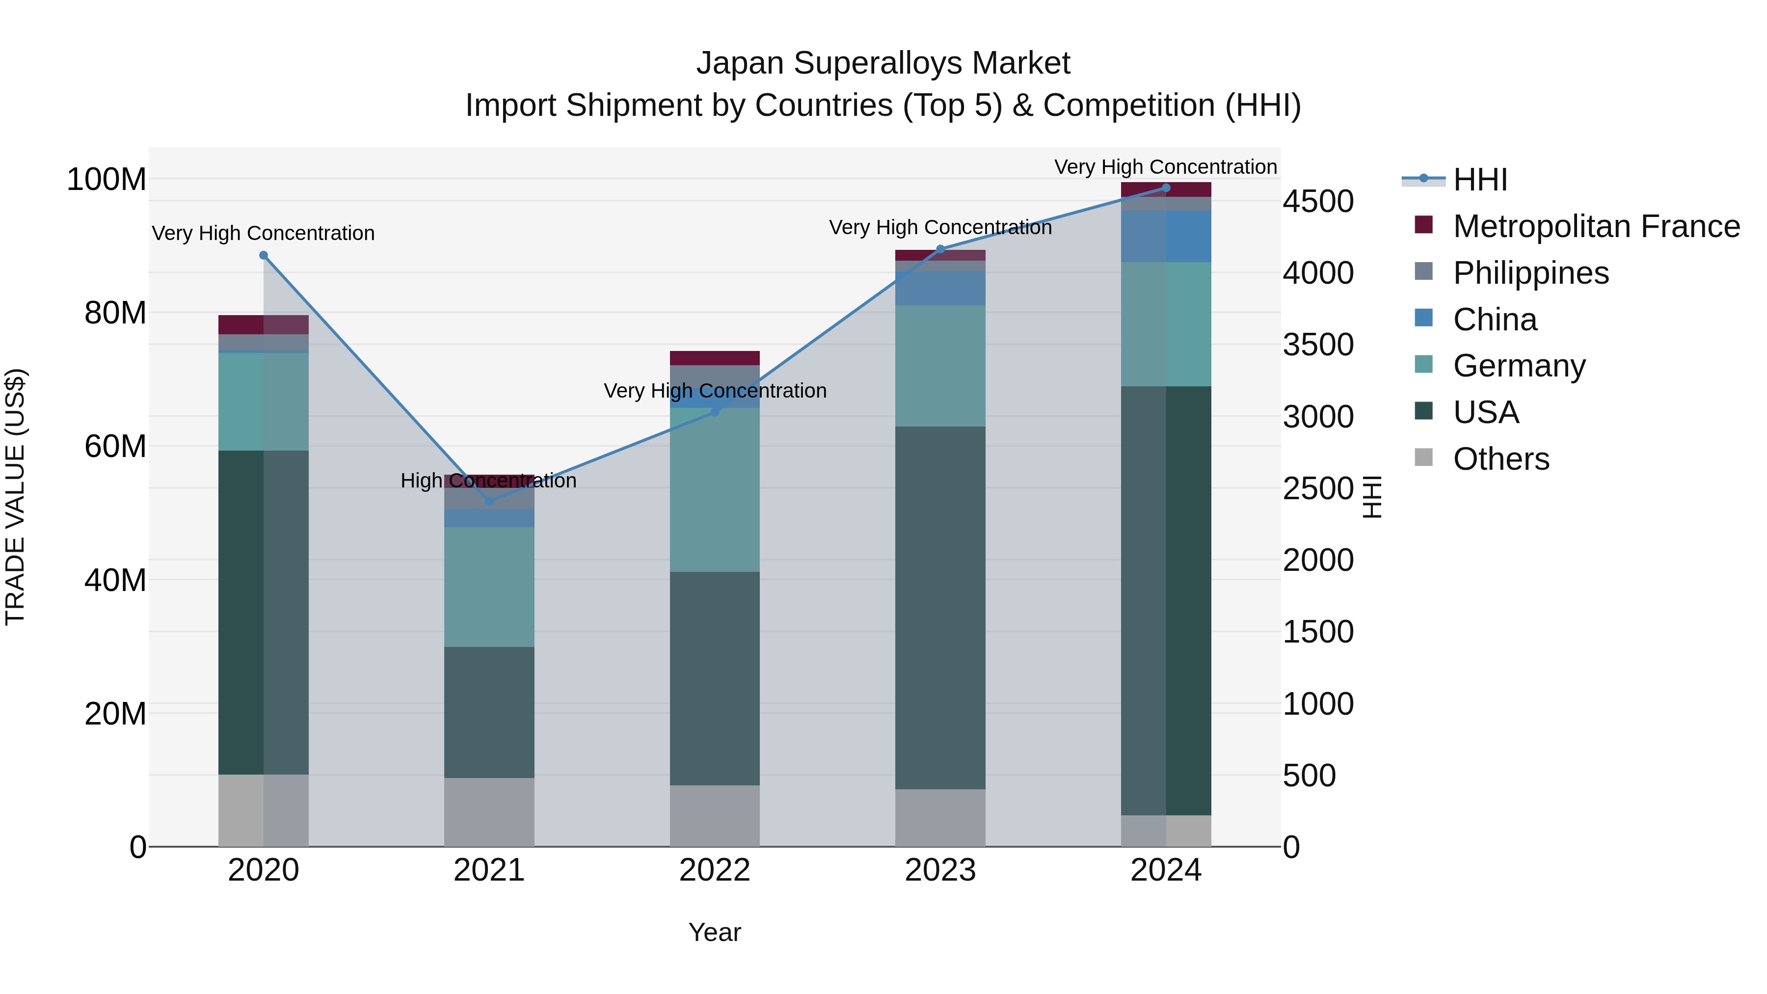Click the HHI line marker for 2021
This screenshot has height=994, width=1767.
pyautogui.click(x=489, y=502)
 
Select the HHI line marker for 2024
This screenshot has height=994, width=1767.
pyautogui.click(x=1166, y=188)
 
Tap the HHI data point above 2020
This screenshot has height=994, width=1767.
pyautogui.click(x=264, y=255)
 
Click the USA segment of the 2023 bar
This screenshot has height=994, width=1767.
pyautogui.click(x=940, y=607)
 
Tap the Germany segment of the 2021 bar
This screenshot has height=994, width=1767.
pyautogui.click(x=489, y=587)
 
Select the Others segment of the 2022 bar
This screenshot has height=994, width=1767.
pyautogui.click(x=715, y=816)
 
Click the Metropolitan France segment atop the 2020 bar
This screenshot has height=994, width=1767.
pyautogui.click(x=264, y=324)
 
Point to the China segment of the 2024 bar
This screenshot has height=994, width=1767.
pyautogui.click(x=1166, y=236)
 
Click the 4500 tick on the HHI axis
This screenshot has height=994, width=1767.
pyautogui.click(x=1318, y=202)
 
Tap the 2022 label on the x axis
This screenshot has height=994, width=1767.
pyautogui.click(x=715, y=870)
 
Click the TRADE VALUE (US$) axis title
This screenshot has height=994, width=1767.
pyautogui.click(x=15, y=497)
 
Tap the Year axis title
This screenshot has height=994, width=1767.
pyautogui.click(x=715, y=932)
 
